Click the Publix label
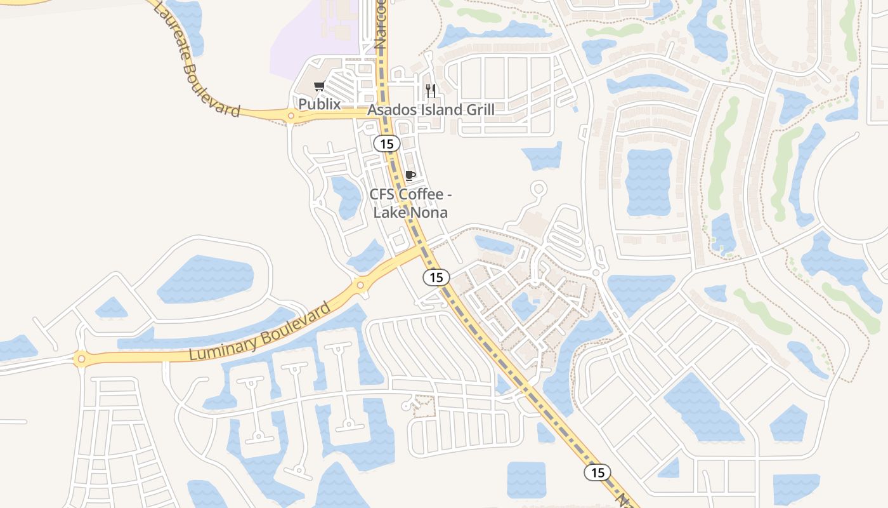[x=320, y=104]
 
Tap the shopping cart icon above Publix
[x=319, y=86]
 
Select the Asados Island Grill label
[x=431, y=109]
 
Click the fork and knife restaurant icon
[x=431, y=90]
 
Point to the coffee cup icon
[x=410, y=175]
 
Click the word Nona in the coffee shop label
[x=426, y=212]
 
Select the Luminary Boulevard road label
[x=260, y=331]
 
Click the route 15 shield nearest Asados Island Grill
[x=386, y=144]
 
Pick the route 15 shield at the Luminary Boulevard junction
[x=436, y=277]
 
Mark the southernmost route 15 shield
[x=597, y=472]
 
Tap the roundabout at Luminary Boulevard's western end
[x=80, y=359]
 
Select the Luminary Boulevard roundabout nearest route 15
[x=360, y=285]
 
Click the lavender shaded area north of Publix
[x=311, y=38]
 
